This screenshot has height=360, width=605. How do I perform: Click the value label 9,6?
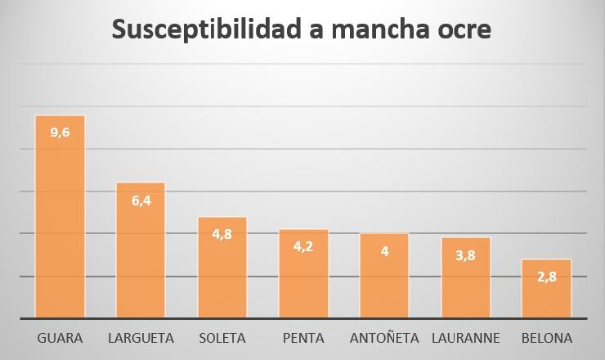[60, 133]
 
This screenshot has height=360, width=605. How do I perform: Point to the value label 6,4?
[141, 200]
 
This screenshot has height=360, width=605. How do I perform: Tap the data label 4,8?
[222, 234]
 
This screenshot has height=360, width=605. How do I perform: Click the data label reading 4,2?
[303, 246]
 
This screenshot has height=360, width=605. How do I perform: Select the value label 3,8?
[465, 254]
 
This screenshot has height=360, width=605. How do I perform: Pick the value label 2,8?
[546, 277]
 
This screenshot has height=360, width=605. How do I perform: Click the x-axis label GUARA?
[60, 338]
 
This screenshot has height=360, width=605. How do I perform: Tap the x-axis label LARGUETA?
[141, 338]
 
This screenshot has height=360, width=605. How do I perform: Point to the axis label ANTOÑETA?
[384, 338]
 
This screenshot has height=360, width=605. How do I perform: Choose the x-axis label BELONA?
[546, 338]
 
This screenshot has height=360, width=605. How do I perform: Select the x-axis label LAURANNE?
[465, 338]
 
